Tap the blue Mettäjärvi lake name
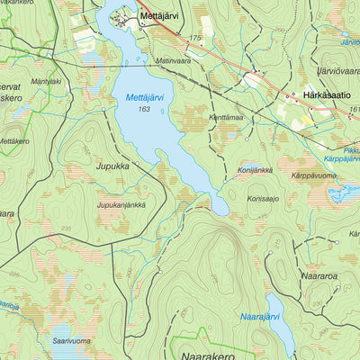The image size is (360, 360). tap(144, 97)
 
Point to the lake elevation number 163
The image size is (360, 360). tap(144, 109)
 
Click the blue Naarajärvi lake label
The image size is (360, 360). tap(263, 316)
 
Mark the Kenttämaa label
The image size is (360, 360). tap(228, 117)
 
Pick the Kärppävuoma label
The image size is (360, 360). tap(315, 175)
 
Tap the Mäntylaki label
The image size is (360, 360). tap(45, 81)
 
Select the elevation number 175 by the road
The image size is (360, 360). tap(196, 38)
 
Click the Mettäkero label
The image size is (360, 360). tap(13, 141)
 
